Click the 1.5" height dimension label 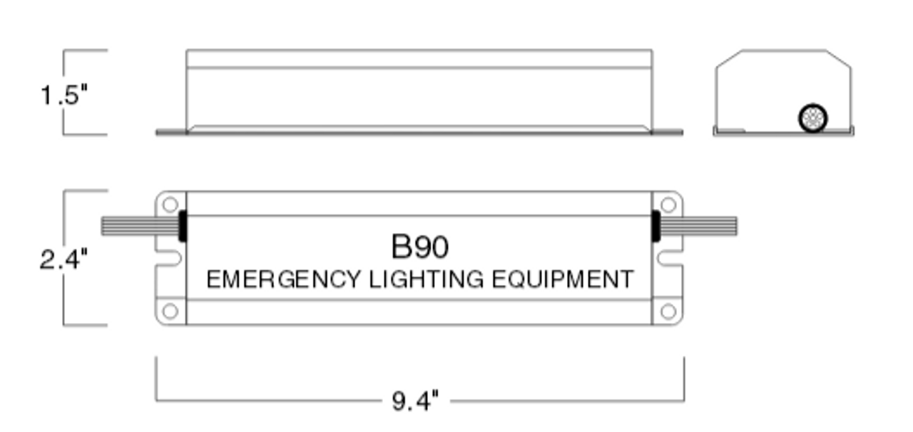coord(63,94)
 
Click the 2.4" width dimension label coord(63,259)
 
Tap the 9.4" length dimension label coord(415,401)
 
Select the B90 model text coord(420,247)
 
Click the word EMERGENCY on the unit coord(283,279)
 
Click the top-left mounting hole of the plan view coord(170,205)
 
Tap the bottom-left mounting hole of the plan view coord(170,312)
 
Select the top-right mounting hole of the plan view coord(668,205)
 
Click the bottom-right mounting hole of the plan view coord(668,312)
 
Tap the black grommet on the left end coord(182,226)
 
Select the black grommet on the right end coord(656,226)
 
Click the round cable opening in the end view coord(812,118)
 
